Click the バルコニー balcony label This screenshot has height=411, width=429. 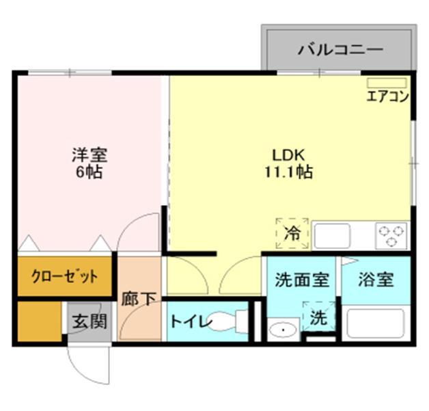(340, 49)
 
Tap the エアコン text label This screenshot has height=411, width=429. (387, 96)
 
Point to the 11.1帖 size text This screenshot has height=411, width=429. (288, 172)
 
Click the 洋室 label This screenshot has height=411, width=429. (89, 155)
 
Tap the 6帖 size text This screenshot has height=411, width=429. (89, 172)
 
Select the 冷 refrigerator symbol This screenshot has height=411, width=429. (292, 233)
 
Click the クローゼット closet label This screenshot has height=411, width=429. (64, 277)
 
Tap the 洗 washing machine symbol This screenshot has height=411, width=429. (318, 317)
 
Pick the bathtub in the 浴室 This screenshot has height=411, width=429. (375, 323)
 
